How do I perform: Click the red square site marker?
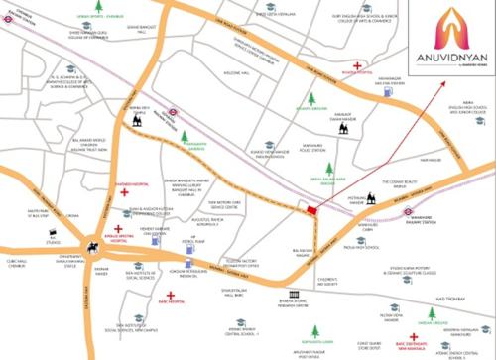coord(313,208)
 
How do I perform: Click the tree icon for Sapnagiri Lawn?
coord(313,327)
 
